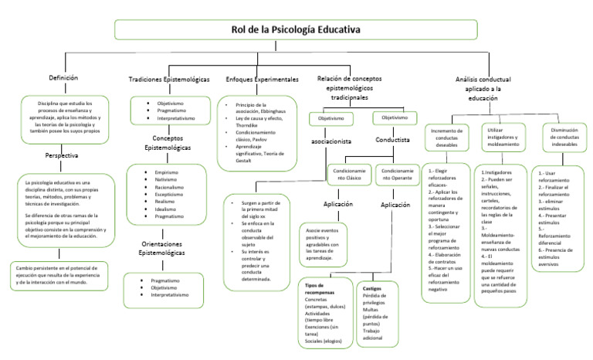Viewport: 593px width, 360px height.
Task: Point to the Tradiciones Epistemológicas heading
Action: [x=168, y=80]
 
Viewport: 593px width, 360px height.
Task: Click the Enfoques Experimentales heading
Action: [x=262, y=80]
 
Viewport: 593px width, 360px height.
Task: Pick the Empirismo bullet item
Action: [x=167, y=172]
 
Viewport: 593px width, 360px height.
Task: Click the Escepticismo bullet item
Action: [x=169, y=195]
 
